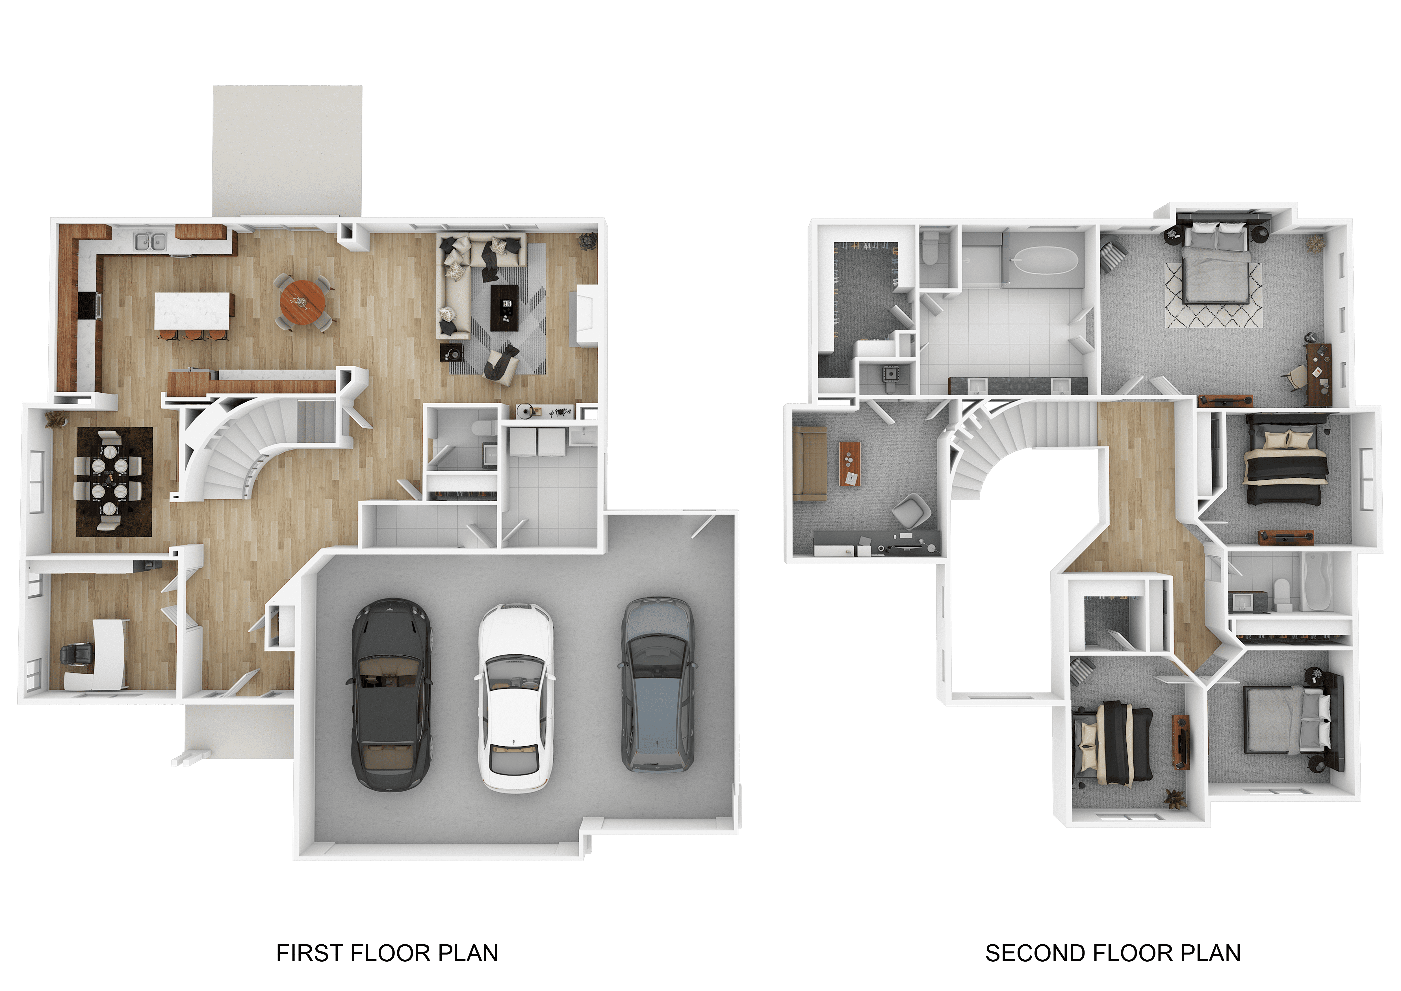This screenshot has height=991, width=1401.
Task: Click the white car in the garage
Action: (516, 698)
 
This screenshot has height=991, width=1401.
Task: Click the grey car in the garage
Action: (658, 685)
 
